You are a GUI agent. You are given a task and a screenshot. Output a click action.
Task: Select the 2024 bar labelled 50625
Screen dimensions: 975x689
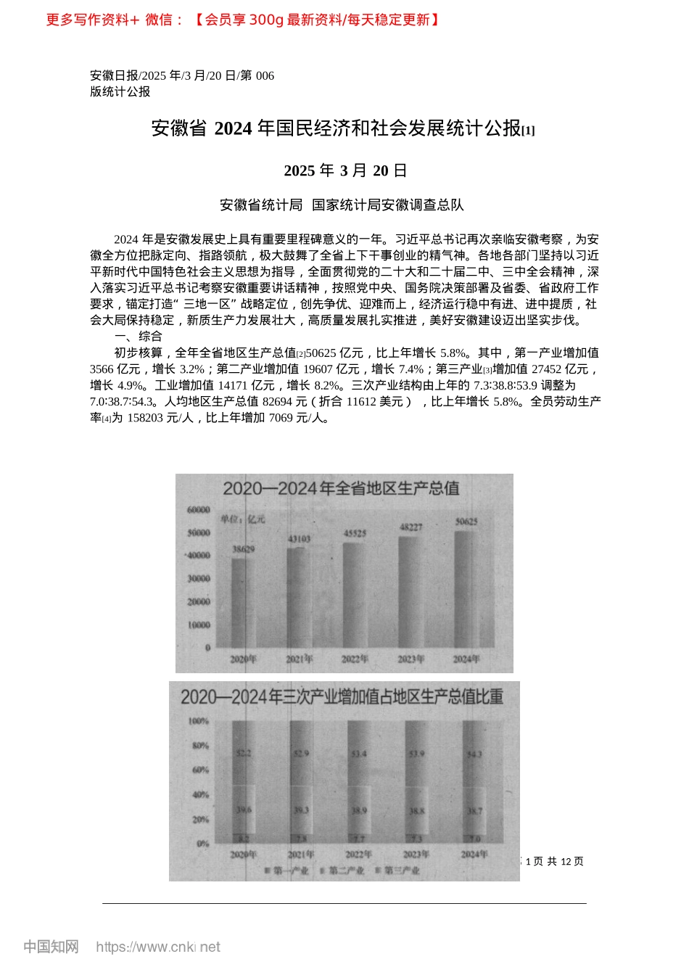(x=466, y=588)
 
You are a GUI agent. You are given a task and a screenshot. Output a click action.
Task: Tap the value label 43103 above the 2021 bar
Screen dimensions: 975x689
(x=300, y=539)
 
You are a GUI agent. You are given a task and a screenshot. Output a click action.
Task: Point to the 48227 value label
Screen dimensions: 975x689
(x=411, y=527)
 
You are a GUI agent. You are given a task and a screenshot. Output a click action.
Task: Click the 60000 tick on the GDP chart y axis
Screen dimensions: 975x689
(x=199, y=510)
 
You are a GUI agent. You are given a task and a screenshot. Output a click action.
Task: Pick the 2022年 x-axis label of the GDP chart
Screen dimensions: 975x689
(x=355, y=659)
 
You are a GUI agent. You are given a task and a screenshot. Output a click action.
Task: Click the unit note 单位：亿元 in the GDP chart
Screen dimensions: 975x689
(x=244, y=519)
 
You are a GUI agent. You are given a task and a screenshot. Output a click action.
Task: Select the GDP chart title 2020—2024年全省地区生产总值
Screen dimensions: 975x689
(x=341, y=488)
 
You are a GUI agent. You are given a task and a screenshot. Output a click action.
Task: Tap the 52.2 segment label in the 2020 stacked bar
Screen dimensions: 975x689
(x=244, y=753)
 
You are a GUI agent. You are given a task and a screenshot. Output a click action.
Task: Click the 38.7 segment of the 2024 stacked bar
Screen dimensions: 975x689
(x=474, y=811)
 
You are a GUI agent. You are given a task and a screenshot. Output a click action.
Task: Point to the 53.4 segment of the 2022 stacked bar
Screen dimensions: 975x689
(x=359, y=754)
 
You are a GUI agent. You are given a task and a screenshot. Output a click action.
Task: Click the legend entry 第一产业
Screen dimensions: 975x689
(x=287, y=870)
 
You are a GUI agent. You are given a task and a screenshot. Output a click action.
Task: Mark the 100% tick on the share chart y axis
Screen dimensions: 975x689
(x=199, y=721)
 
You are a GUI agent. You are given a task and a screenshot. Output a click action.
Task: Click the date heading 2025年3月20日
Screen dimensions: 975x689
(x=345, y=170)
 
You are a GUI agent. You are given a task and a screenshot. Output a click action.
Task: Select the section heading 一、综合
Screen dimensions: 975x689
(x=139, y=337)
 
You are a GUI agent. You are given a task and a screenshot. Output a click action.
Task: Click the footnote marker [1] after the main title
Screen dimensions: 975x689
(x=529, y=131)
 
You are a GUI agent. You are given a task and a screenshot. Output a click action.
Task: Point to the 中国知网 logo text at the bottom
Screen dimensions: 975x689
(x=51, y=947)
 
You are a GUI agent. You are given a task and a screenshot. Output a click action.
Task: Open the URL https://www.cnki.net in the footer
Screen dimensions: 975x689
(x=158, y=947)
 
